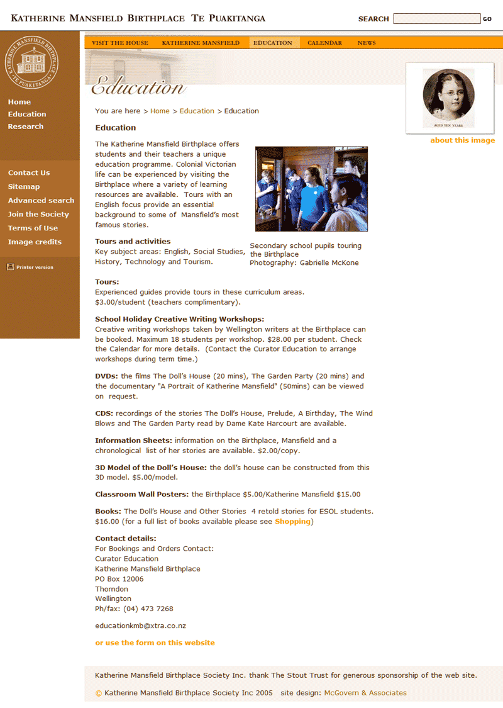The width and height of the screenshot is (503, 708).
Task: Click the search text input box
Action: pos(436,19)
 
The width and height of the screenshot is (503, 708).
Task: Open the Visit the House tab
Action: pos(120,43)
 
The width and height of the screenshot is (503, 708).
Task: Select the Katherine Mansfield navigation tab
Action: pos(201,43)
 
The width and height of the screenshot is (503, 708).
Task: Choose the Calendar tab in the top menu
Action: pos(325,43)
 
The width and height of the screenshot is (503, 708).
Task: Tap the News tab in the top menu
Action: pos(367,43)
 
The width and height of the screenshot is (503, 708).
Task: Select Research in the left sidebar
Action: pos(26,126)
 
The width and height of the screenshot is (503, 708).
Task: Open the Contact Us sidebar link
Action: pos(29,173)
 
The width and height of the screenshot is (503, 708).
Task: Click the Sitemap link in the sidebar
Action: pos(24,187)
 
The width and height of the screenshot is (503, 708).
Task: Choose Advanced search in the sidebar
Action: pos(41,201)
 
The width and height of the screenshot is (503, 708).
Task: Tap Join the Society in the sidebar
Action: pos(38,215)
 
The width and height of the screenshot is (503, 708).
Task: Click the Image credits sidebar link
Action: pos(35,242)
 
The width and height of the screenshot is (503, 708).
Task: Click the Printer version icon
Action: pos(11,267)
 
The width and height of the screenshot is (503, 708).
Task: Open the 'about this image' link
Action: pos(462,140)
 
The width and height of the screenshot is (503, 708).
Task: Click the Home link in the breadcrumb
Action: pos(160,111)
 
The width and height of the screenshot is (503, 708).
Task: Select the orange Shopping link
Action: pos(292,522)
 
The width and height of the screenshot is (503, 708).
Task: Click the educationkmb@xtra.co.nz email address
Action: pos(140,626)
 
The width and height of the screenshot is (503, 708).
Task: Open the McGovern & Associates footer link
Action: pos(365,693)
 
